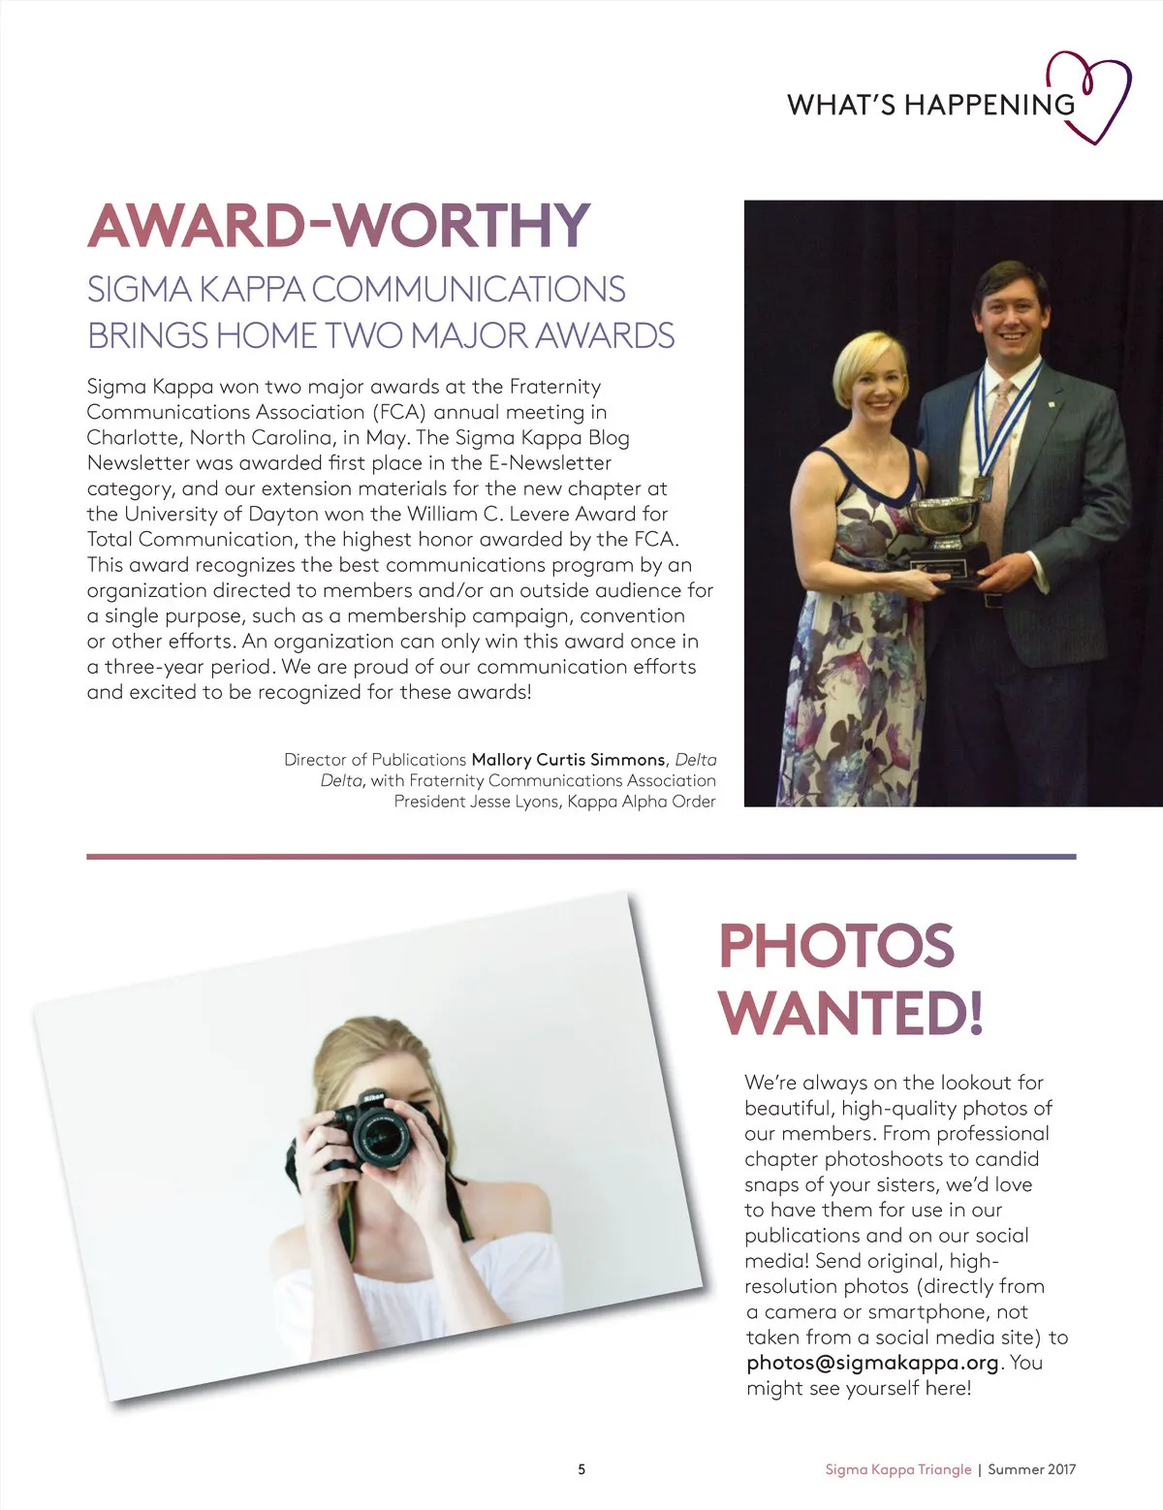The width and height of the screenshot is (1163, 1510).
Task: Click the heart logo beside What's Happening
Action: [x=1095, y=95]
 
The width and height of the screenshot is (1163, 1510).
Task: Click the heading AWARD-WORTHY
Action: [x=338, y=226]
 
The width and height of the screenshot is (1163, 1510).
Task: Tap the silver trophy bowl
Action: [x=943, y=520]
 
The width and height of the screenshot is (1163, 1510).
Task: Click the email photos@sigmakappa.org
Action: [x=872, y=1363]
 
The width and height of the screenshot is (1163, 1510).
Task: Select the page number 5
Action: [x=581, y=1469]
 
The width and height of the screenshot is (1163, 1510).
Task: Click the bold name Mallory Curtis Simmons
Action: [x=568, y=760]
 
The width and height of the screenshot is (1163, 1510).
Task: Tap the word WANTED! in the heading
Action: [x=851, y=1013]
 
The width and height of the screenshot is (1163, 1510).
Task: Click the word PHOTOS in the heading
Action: [x=836, y=946]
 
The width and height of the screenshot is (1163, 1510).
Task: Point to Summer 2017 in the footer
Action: [x=1031, y=1469]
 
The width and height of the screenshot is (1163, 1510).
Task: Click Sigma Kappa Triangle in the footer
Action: [x=897, y=1469]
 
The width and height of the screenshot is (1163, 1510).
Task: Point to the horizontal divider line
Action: [x=581, y=857]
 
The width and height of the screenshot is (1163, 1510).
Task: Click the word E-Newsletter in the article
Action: [x=550, y=463]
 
